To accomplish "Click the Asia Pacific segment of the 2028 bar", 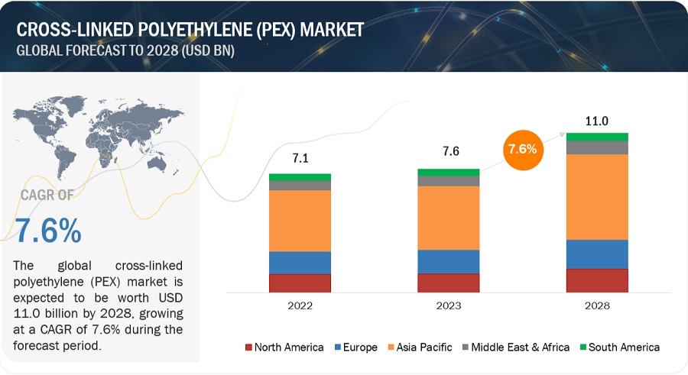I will [x=597, y=197].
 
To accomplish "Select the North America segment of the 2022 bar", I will [x=300, y=283].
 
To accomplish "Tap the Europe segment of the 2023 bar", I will [x=448, y=261].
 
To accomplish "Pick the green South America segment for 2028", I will [x=597, y=137].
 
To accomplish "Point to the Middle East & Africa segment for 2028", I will [x=597, y=147].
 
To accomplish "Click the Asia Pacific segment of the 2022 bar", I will [x=300, y=221].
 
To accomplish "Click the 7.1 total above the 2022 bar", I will [x=300, y=159].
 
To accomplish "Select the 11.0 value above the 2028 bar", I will [x=597, y=120].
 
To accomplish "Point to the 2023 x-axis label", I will [x=448, y=306].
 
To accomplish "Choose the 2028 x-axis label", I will [x=597, y=306].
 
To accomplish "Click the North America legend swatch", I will [x=249, y=348].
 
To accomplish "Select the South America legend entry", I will [x=624, y=348].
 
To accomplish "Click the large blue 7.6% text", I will [x=47, y=231].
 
